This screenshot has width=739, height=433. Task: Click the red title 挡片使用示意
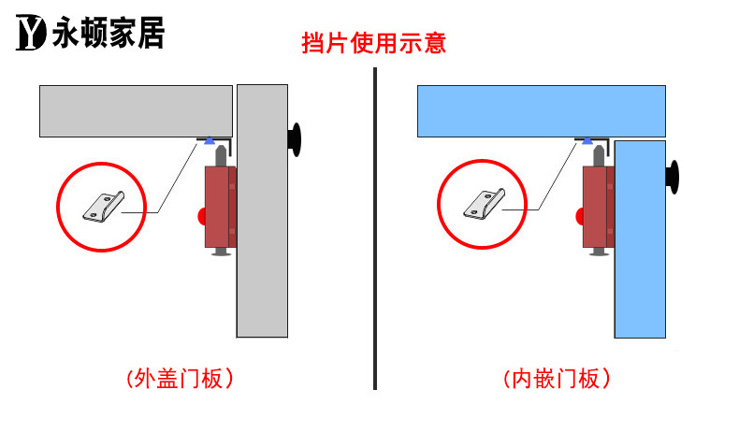[x=373, y=43]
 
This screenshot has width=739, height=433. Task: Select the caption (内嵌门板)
[x=558, y=379]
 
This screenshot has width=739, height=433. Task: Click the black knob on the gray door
[x=296, y=138]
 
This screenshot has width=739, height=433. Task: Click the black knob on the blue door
[x=673, y=178]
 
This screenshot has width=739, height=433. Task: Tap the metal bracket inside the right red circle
[x=483, y=206]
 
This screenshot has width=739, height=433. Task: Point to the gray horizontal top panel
[x=136, y=110]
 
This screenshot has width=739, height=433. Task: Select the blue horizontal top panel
[x=541, y=110]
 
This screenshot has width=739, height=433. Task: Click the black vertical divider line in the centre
[x=375, y=224]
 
